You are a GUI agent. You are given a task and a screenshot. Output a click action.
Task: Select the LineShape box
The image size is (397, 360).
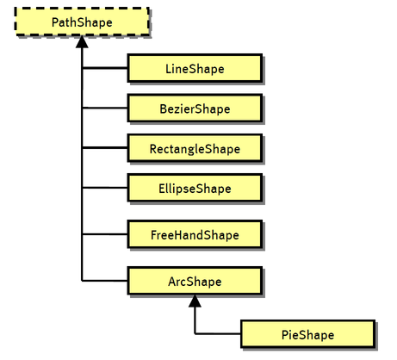[x=194, y=67]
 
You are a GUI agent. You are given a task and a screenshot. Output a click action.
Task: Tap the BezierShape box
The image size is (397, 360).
[x=194, y=109]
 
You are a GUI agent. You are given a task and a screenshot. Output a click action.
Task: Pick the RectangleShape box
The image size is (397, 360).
[x=194, y=148]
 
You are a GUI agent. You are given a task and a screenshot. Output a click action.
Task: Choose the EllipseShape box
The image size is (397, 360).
[x=194, y=188]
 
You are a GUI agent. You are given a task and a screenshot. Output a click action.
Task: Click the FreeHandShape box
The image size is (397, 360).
[x=194, y=234]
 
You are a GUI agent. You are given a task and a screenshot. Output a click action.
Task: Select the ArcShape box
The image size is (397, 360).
[x=194, y=281]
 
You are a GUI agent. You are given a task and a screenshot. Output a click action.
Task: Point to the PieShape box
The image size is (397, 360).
[x=307, y=333]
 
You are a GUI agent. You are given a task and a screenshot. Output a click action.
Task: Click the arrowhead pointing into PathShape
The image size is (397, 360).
[x=82, y=41]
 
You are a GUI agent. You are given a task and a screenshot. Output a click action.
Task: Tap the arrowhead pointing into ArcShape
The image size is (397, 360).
[x=195, y=301]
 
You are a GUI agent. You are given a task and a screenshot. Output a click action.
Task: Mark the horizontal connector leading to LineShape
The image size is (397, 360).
[x=104, y=67]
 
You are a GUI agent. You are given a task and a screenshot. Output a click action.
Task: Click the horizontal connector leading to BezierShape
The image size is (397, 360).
[x=104, y=109]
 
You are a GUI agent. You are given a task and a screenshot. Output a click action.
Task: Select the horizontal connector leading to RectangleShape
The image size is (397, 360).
[x=104, y=148]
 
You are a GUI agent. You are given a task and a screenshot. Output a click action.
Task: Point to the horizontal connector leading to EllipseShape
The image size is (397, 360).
[x=104, y=188]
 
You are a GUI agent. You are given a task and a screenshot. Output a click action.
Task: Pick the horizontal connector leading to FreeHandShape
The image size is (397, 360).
[x=104, y=234]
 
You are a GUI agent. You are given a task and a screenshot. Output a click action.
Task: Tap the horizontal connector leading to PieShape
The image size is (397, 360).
[x=218, y=333]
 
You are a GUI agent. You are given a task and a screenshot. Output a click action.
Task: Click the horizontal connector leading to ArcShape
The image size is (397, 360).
[x=104, y=281]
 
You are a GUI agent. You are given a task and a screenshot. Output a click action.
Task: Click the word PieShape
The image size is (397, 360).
[x=307, y=333]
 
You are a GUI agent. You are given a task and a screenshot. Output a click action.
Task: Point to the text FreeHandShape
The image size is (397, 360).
[x=194, y=234]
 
